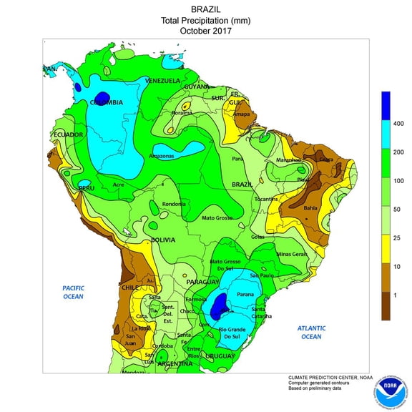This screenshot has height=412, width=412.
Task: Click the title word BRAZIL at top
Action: coord(206,9)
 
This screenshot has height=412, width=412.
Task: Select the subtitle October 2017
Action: coord(206,31)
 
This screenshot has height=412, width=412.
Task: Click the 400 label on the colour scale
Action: coord(398,124)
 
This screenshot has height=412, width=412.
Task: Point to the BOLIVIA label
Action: coord(163,240)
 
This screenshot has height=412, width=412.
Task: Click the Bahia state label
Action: coord(310,207)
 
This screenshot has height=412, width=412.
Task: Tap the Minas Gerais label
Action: coord(291,254)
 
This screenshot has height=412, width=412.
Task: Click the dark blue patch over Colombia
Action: coord(102,97)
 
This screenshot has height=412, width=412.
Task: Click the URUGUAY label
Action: coord(221,355)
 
